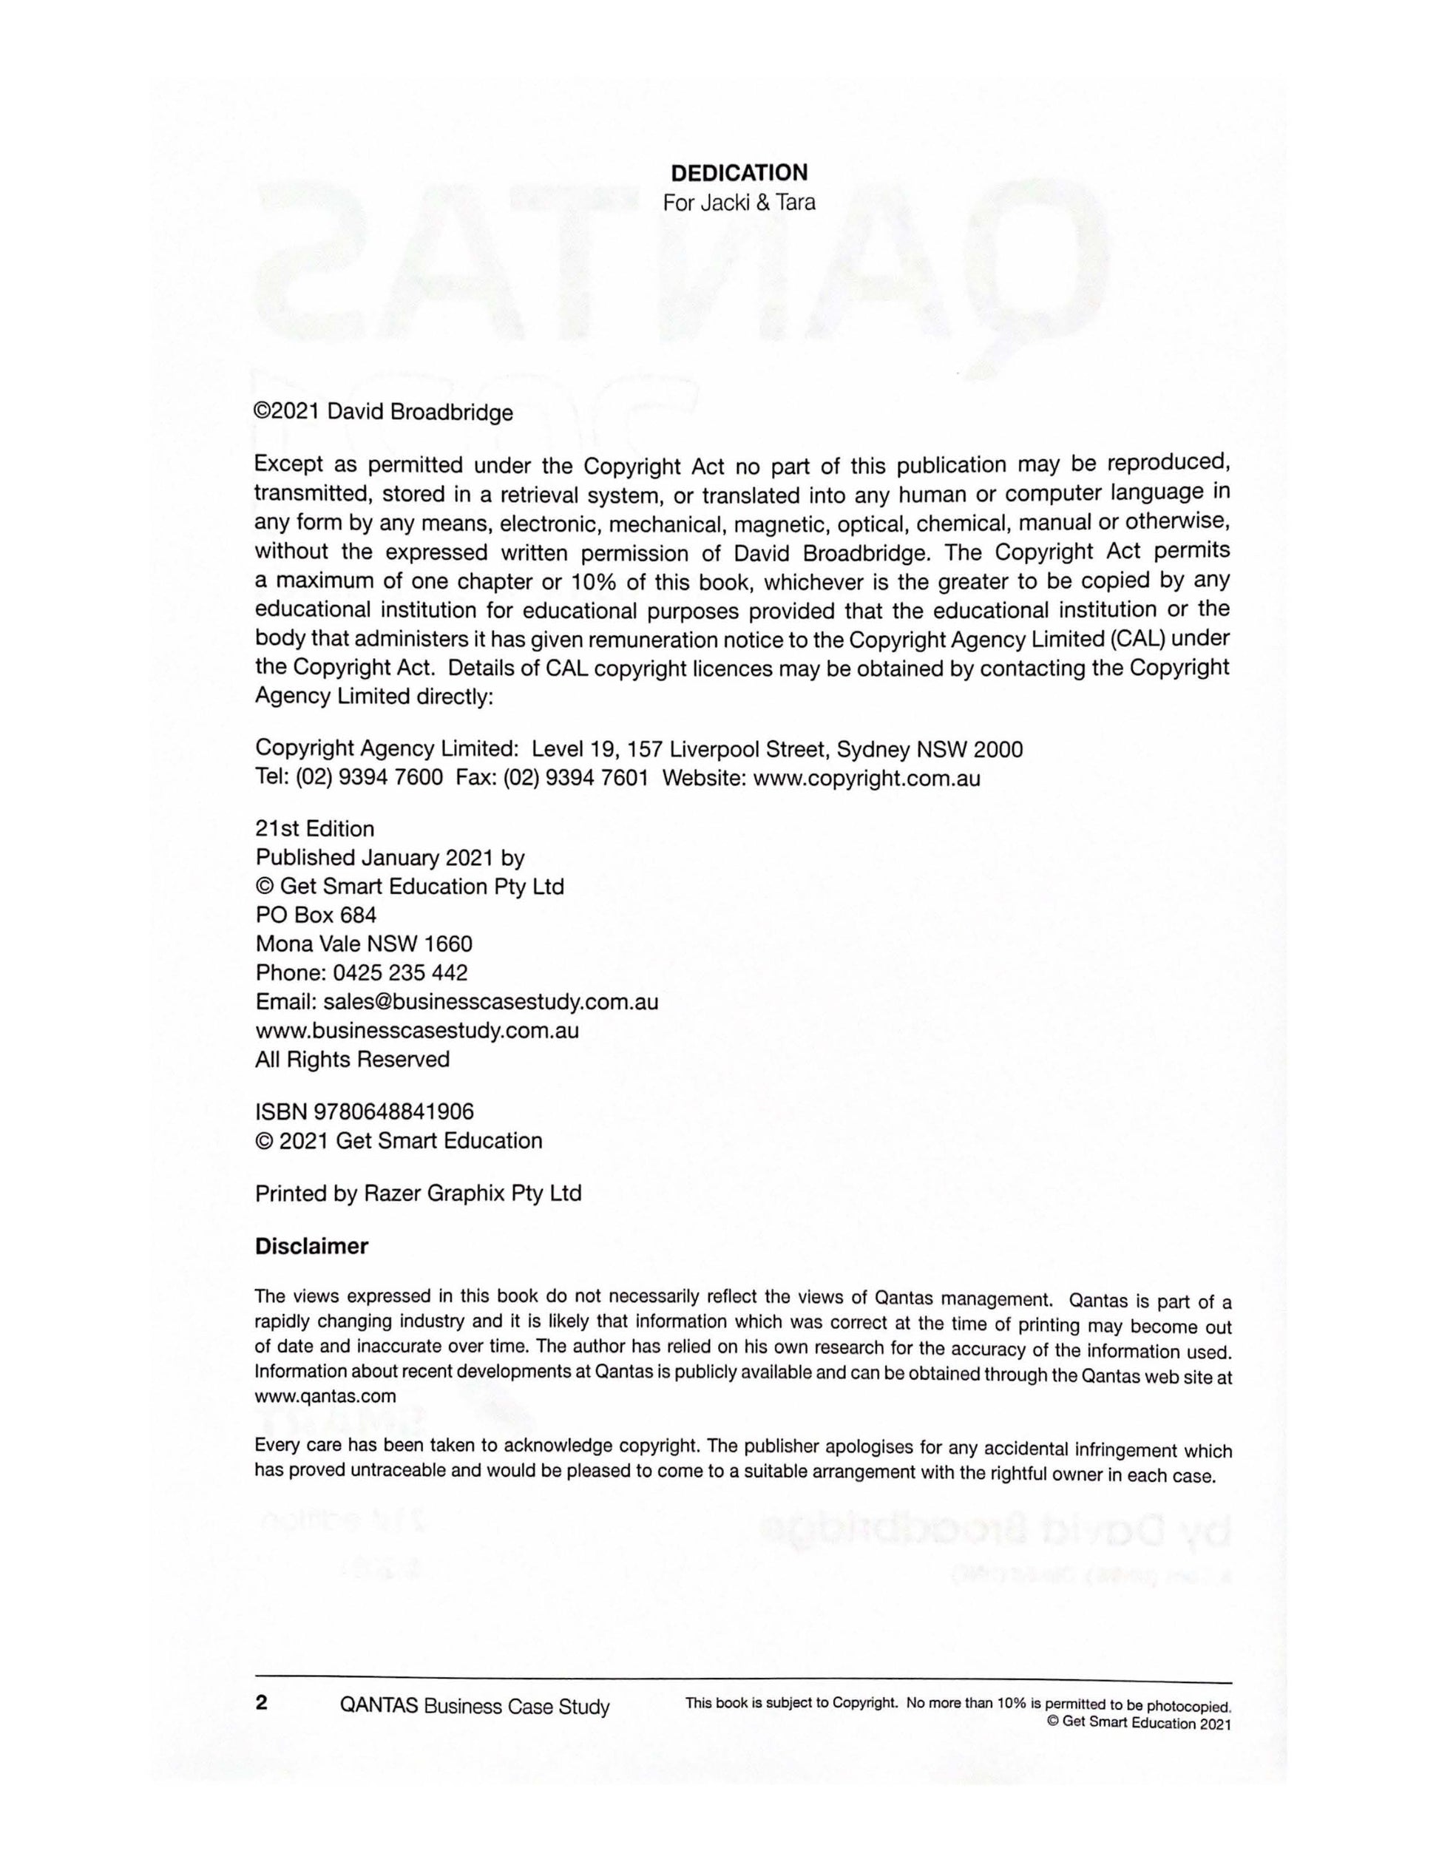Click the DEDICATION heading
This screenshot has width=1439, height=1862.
point(739,173)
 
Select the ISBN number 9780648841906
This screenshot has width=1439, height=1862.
point(394,1111)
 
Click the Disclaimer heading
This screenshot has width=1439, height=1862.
point(311,1247)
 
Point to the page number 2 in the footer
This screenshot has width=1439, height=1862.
point(262,1702)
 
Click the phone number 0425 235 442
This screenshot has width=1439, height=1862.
point(400,972)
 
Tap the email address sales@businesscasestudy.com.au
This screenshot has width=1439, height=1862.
point(490,1002)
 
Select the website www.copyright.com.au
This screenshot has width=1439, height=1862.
point(866,779)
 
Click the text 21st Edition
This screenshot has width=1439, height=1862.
point(314,829)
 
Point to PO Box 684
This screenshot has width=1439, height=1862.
point(316,915)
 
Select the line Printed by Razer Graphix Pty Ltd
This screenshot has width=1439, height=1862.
point(418,1194)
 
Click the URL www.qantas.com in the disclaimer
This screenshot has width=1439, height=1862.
point(325,1396)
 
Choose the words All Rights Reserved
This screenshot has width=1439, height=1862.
point(352,1060)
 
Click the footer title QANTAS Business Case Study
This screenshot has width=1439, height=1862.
point(474,1706)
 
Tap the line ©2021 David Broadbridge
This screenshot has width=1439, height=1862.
point(384,413)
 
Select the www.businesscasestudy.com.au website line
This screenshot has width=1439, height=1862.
point(417,1031)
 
